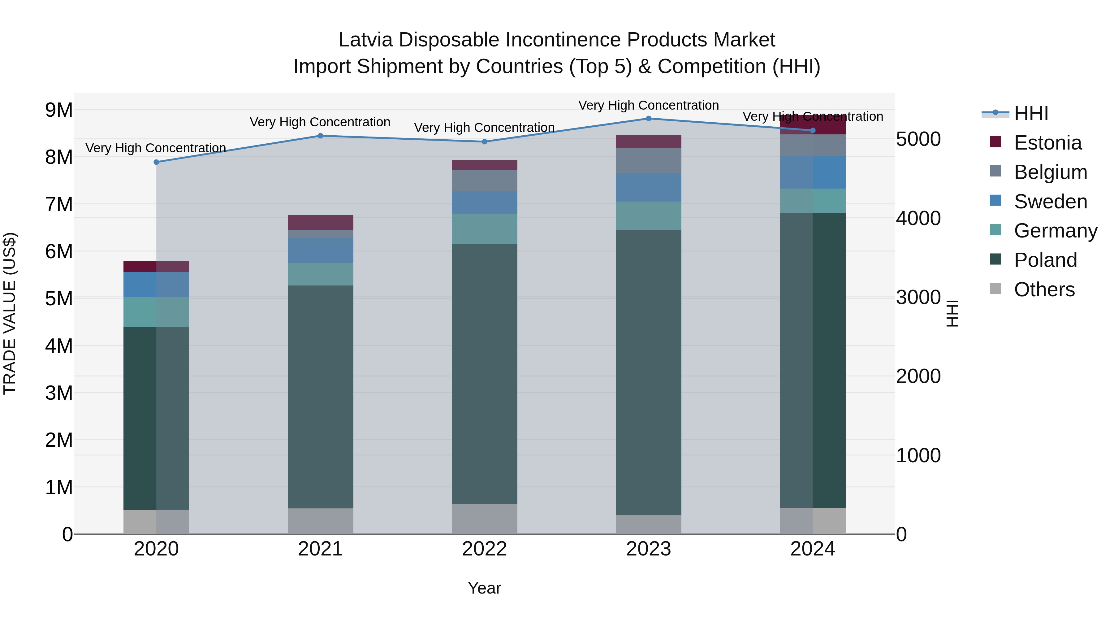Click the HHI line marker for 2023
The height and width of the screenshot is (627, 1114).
click(x=648, y=119)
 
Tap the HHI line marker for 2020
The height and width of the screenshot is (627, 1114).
click(x=157, y=162)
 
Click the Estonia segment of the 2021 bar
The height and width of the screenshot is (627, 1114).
click(x=321, y=222)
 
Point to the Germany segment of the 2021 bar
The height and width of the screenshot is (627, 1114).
click(x=321, y=274)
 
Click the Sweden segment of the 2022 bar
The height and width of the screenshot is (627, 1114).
click(x=484, y=202)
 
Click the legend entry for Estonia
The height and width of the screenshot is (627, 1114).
click(x=1047, y=143)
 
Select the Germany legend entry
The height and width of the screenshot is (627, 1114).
click(x=1055, y=231)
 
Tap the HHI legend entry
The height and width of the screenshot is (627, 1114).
click(x=1031, y=113)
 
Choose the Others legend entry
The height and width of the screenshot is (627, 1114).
click(x=1044, y=290)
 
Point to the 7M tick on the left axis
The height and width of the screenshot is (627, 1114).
click(x=59, y=204)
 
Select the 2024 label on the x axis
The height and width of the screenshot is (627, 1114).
click(x=812, y=549)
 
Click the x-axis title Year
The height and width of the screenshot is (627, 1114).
click(x=484, y=588)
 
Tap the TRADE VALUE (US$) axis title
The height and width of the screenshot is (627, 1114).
click(x=10, y=313)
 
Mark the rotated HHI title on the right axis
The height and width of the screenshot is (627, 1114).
click(x=952, y=313)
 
